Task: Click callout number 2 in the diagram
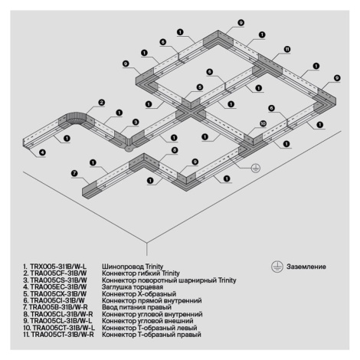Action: (x=102, y=103)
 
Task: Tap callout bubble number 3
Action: (x=136, y=123)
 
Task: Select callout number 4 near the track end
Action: (x=42, y=152)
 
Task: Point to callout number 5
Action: (x=200, y=87)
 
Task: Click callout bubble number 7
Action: (x=74, y=174)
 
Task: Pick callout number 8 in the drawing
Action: (x=175, y=150)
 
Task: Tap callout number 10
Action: (x=263, y=124)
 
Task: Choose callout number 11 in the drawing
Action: (x=287, y=49)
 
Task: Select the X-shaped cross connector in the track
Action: (x=191, y=113)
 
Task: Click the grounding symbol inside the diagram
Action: (x=256, y=168)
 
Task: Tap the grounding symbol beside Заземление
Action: (x=277, y=267)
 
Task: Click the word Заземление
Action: (x=306, y=267)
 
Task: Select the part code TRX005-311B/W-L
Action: (x=58, y=267)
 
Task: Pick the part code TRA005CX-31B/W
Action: (x=58, y=294)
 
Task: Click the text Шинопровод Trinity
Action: (x=133, y=267)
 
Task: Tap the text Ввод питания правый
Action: (x=136, y=307)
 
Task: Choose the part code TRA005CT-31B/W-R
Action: (x=62, y=335)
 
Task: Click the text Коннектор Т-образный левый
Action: (x=149, y=328)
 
